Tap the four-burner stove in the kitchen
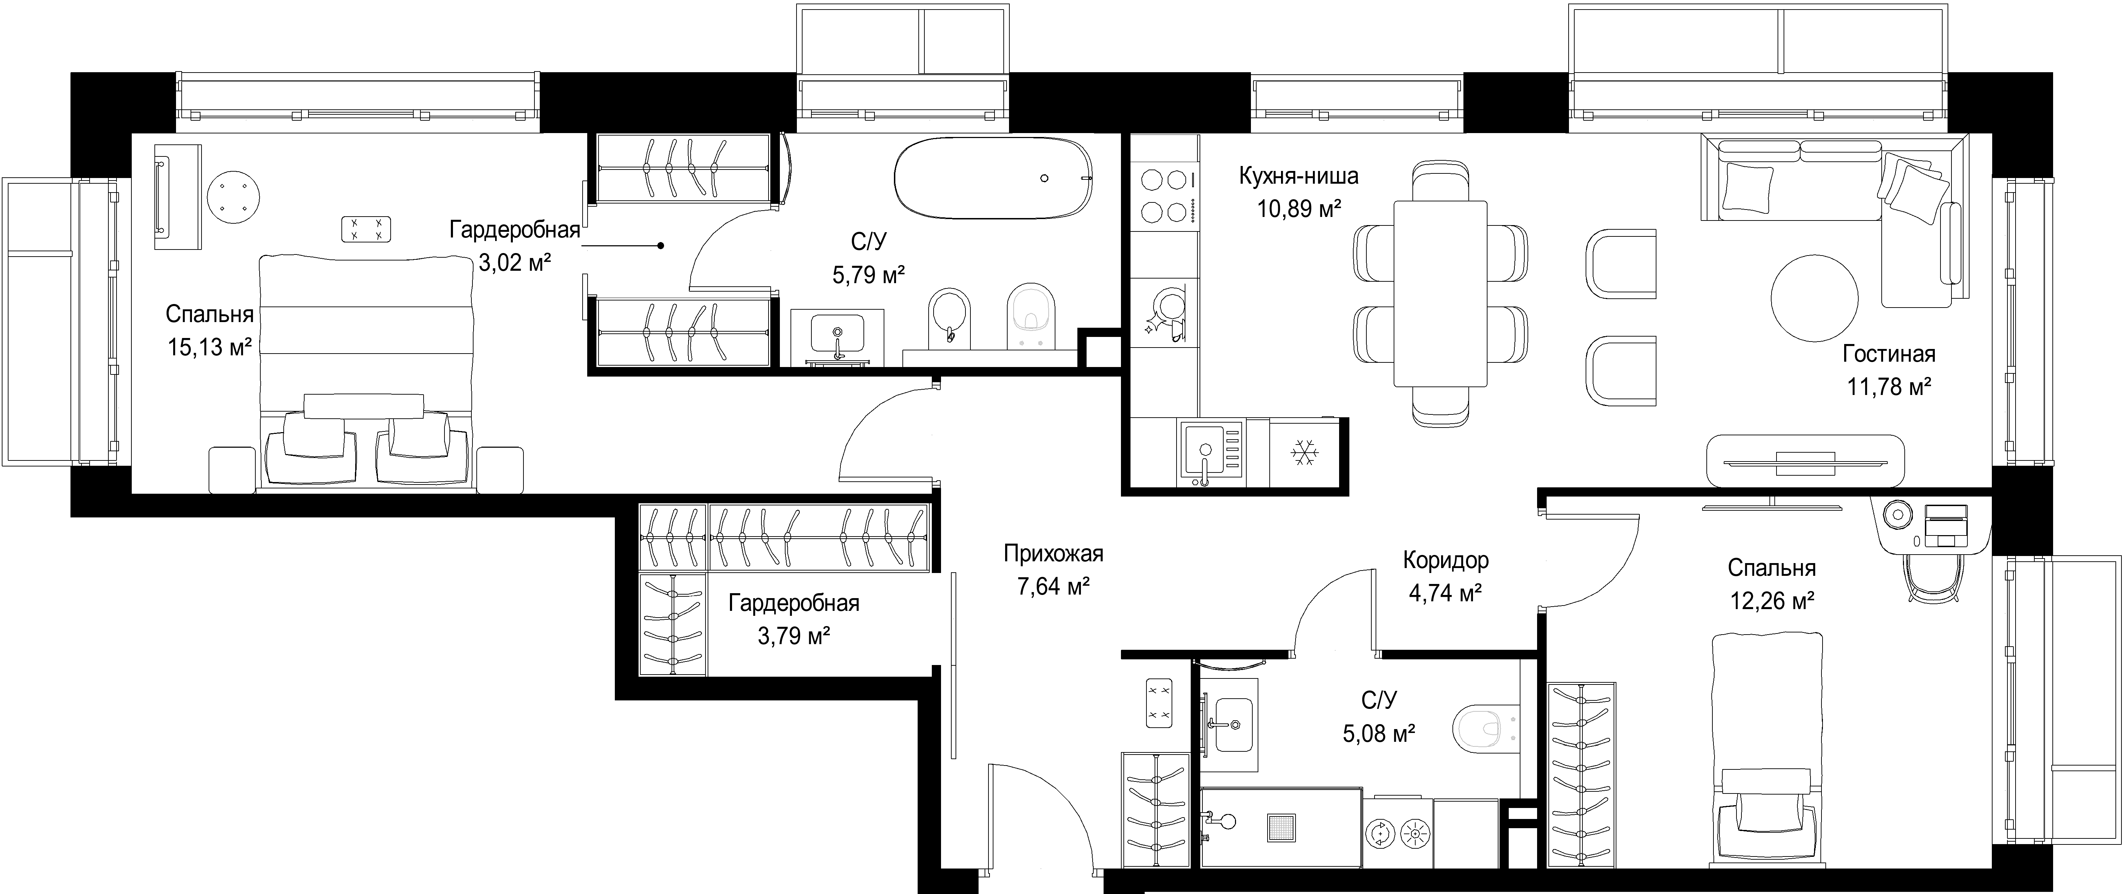1163,196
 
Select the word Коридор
1446,561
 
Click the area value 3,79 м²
794,636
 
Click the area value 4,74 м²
1445,593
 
